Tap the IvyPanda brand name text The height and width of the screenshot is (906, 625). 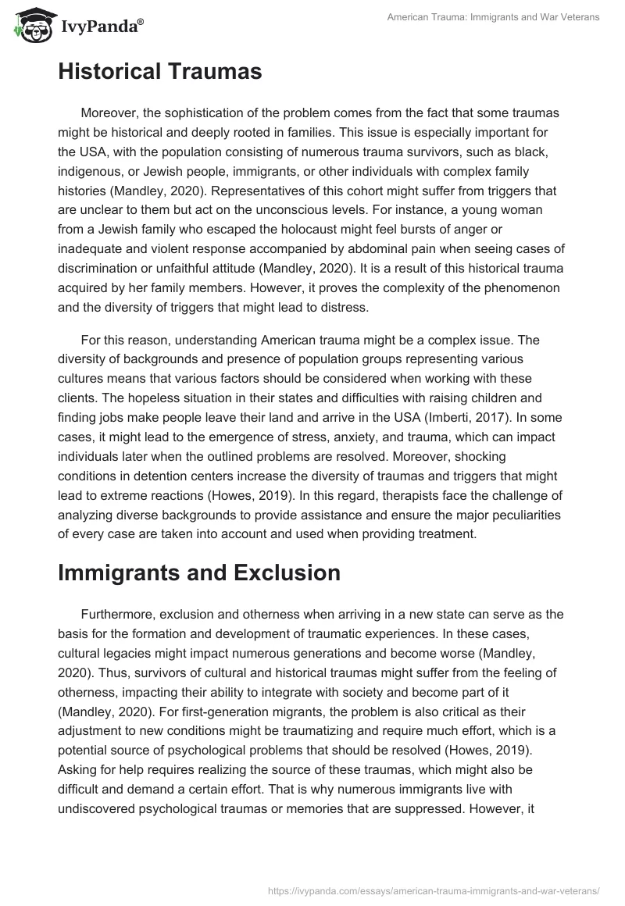coord(102,27)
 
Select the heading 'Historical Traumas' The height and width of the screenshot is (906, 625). coord(159,73)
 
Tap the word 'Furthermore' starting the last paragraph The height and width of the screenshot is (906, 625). coord(116,613)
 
